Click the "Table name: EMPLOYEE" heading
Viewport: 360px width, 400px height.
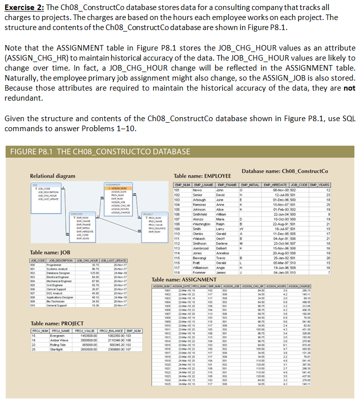(202, 176)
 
